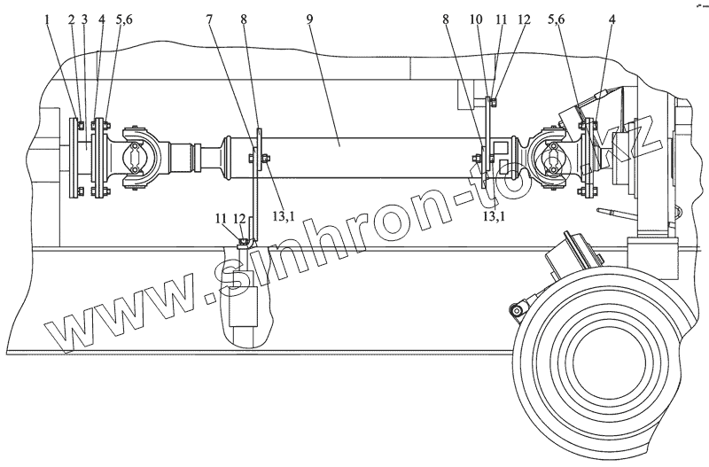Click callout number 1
[x=47, y=19]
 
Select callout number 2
[x=72, y=19]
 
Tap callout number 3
[x=84, y=19]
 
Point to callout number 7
[x=208, y=19]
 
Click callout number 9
[x=309, y=19]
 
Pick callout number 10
[x=476, y=19]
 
